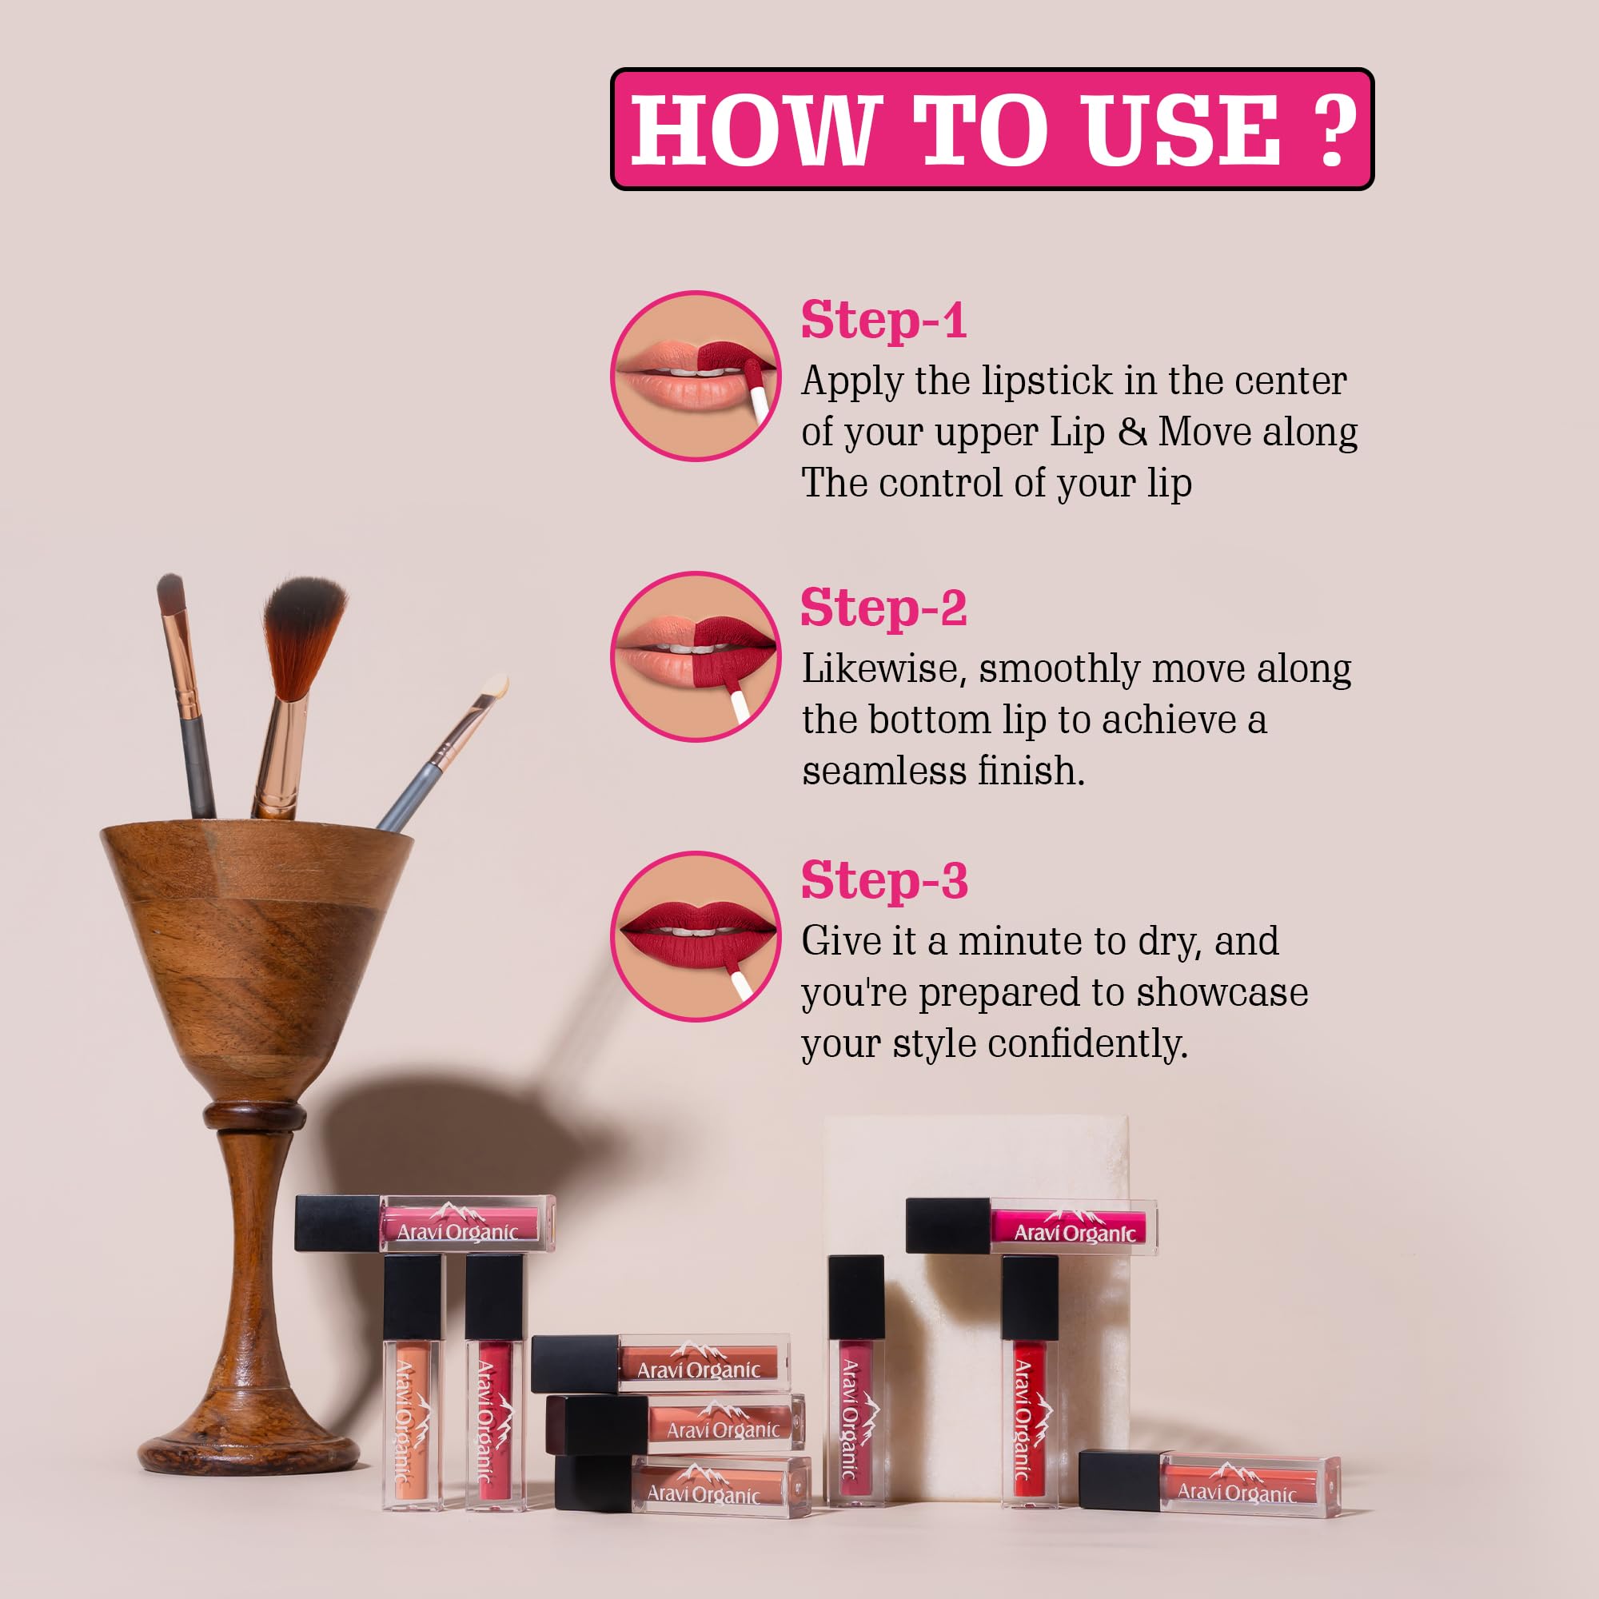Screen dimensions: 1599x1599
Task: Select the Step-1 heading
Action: (884, 320)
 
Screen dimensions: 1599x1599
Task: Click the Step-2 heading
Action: (884, 608)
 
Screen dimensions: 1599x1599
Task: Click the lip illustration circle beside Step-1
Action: (696, 376)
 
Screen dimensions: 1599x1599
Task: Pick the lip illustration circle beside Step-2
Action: (696, 656)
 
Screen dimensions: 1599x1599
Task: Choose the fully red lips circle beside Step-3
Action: (696, 936)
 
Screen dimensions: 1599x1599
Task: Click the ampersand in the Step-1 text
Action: (1132, 431)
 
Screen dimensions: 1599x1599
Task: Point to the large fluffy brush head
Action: (304, 633)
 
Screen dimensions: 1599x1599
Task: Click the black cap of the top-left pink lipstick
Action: (337, 1222)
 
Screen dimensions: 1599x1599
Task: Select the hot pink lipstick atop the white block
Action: (1031, 1225)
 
